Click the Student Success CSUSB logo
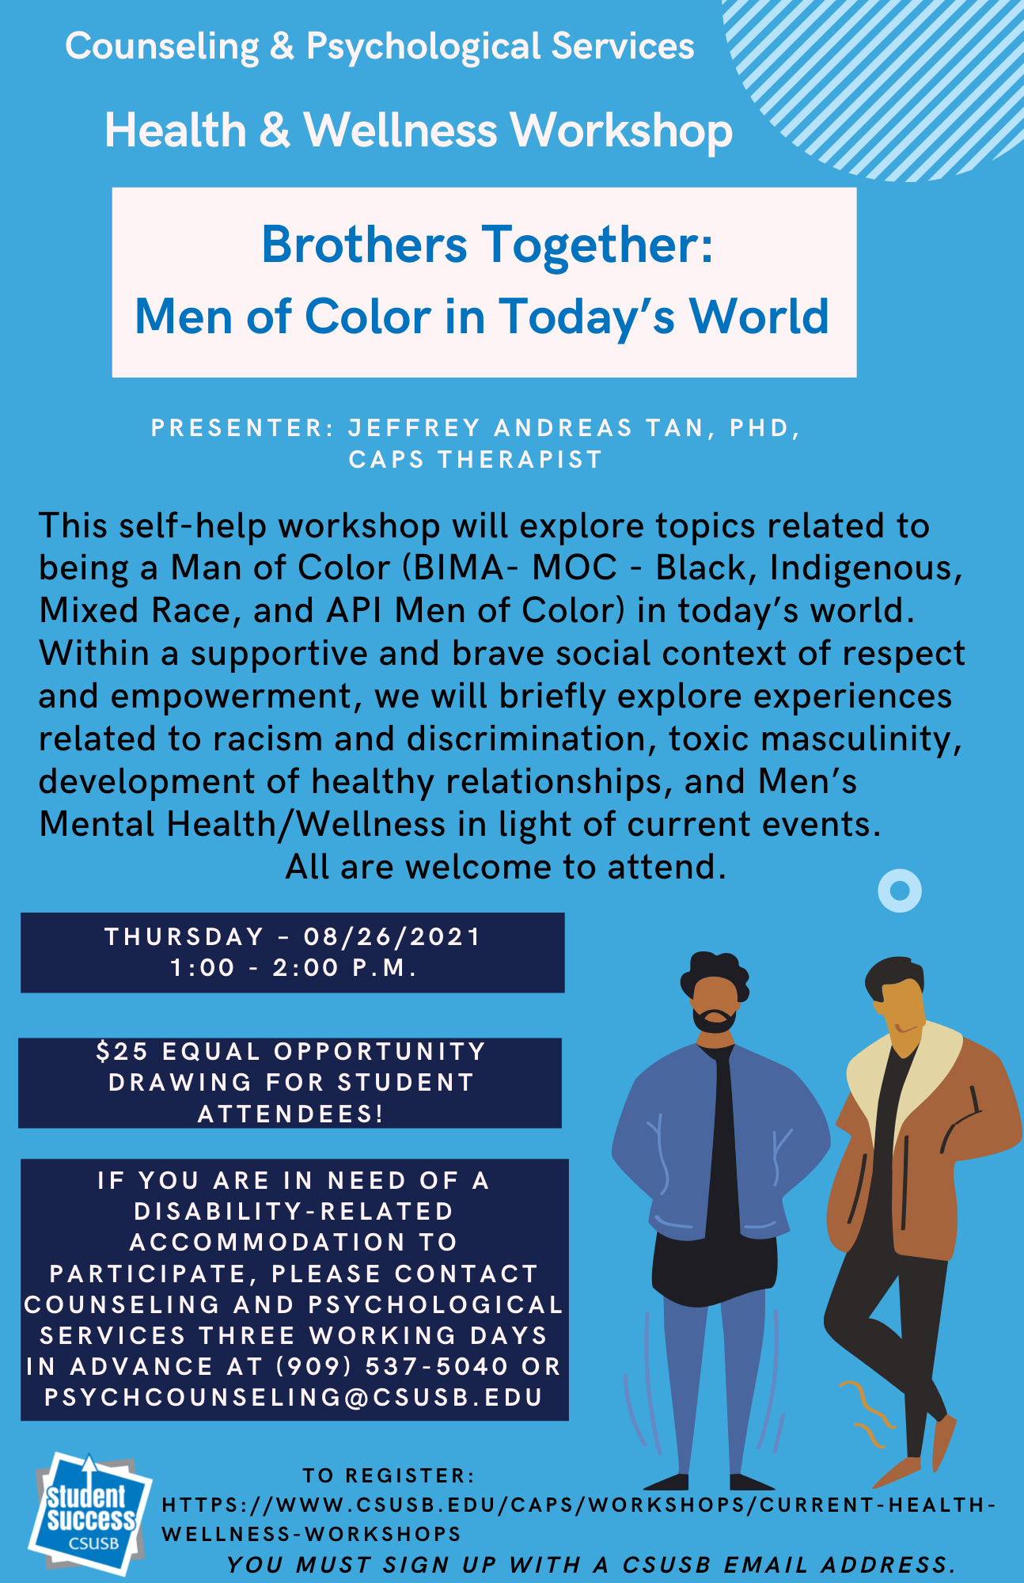[89, 1514]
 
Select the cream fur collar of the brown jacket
[902, 1069]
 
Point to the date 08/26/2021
[393, 937]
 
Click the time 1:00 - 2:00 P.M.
[294, 968]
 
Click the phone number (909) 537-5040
[393, 1366]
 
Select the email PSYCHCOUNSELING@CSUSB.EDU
[294, 1397]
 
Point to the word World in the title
[760, 317]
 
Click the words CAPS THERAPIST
[476, 459]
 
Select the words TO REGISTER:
[389, 1475]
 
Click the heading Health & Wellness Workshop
[419, 130]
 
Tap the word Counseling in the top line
[162, 47]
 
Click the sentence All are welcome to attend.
[506, 867]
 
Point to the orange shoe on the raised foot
[945, 1441]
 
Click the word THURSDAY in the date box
[184, 937]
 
